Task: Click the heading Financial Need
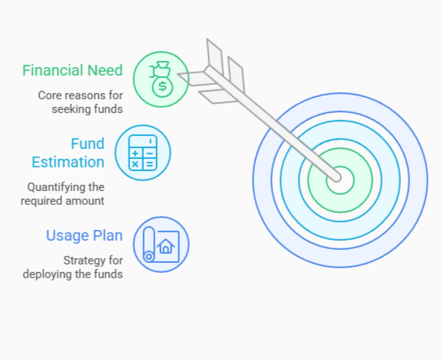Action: pos(73,71)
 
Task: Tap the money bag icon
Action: pos(161,79)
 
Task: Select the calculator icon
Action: pos(142,153)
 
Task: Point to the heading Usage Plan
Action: pos(84,235)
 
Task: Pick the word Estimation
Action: pos(68,162)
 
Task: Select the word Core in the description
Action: pos(51,96)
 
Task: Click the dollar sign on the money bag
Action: pos(161,86)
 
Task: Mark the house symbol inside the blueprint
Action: pos(166,246)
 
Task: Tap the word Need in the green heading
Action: pos(105,71)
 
